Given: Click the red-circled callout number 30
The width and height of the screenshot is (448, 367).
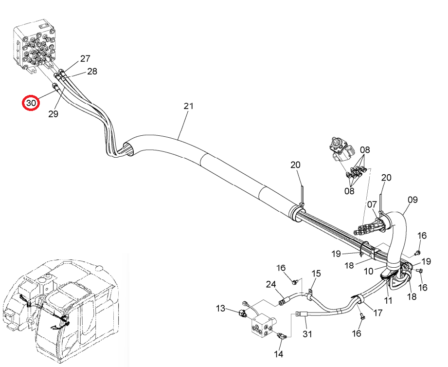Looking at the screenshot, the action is pos(31,103).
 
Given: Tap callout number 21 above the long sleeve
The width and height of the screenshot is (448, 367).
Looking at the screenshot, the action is pos(189,106).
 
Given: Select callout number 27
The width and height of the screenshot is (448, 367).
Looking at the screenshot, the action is pos(85,58).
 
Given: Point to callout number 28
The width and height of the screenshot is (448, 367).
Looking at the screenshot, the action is pos(92,71).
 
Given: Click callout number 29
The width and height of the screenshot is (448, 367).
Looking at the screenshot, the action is pos(53,114).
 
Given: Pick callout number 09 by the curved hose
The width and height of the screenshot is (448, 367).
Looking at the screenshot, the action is pos(412,200).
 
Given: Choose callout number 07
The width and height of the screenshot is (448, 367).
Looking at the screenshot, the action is pos(372,204).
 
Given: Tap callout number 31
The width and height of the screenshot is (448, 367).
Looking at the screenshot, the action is pos(307,334).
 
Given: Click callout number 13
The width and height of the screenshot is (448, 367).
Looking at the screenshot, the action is pos(220,309).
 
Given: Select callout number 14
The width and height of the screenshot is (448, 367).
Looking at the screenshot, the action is pos(279,354).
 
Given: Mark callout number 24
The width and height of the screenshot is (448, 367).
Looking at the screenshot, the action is pos(271,284).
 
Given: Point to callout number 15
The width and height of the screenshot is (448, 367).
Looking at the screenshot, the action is pos(316,274).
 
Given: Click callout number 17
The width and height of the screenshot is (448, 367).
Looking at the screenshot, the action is pos(378,312).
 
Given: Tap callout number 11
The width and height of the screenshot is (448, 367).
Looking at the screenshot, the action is pos(388,300).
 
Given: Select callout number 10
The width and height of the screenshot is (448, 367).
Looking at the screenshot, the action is pos(369,271).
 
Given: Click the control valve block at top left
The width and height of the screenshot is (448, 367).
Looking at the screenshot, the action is pos(34,46).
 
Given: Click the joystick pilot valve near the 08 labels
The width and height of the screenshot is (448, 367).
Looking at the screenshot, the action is pos(341,150).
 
